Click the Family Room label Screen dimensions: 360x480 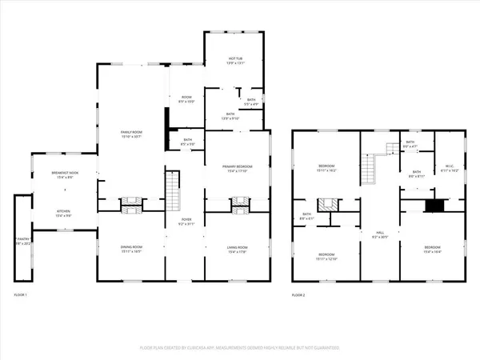[x=130, y=134]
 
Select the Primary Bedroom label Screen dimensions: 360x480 [x=238, y=168]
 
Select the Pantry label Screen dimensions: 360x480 [x=22, y=241]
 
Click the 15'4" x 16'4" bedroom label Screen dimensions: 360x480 [x=433, y=249]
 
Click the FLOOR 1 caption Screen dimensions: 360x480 [x=21, y=295]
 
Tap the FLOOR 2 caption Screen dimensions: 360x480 [x=299, y=295]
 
